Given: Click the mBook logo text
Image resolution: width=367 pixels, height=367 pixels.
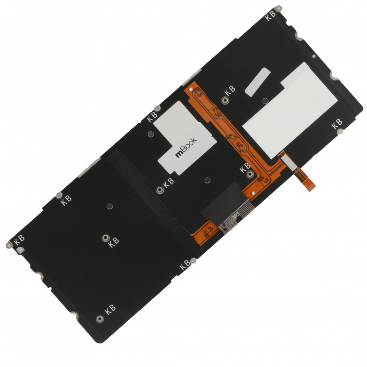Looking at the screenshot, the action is (x=186, y=147).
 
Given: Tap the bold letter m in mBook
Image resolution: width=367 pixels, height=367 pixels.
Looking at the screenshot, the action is (x=179, y=154).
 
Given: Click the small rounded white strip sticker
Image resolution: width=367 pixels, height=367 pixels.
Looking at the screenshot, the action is (x=258, y=82).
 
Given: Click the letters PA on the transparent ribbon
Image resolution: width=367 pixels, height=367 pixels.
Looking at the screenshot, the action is (x=236, y=214).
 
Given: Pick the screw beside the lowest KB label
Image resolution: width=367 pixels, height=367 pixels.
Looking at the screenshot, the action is (x=100, y=319).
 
